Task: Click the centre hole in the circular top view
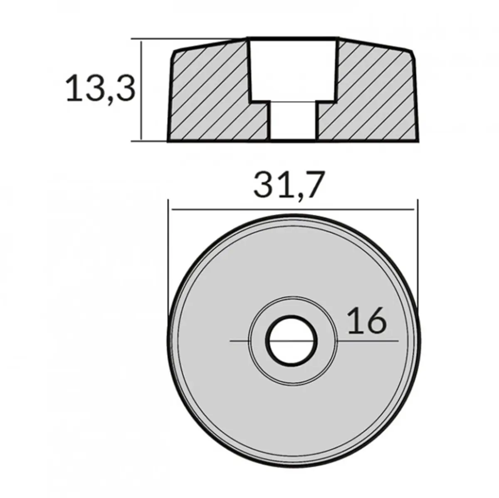293,341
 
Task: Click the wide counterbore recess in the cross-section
293,69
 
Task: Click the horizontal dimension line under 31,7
291,210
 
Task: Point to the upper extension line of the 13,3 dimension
187,39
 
